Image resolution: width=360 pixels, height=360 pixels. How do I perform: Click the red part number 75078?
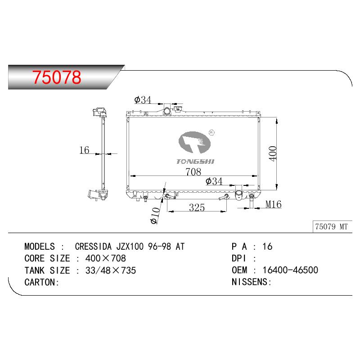pos(57,77)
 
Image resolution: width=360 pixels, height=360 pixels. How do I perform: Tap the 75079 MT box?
pos(332,227)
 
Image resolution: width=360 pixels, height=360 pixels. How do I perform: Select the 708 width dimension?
pos(193,172)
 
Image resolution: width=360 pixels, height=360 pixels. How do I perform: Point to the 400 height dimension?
pos(273,153)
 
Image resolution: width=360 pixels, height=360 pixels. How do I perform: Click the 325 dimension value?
pos(197,207)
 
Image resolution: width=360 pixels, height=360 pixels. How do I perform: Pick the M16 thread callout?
pos(274,204)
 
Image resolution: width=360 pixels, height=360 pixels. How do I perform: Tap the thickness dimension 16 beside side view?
pos(84,150)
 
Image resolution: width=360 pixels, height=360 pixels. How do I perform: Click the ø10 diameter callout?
pos(155,216)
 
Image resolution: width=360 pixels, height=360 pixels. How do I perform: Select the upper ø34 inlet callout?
pos(143,100)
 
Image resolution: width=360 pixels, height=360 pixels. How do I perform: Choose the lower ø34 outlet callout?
pos(214,181)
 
